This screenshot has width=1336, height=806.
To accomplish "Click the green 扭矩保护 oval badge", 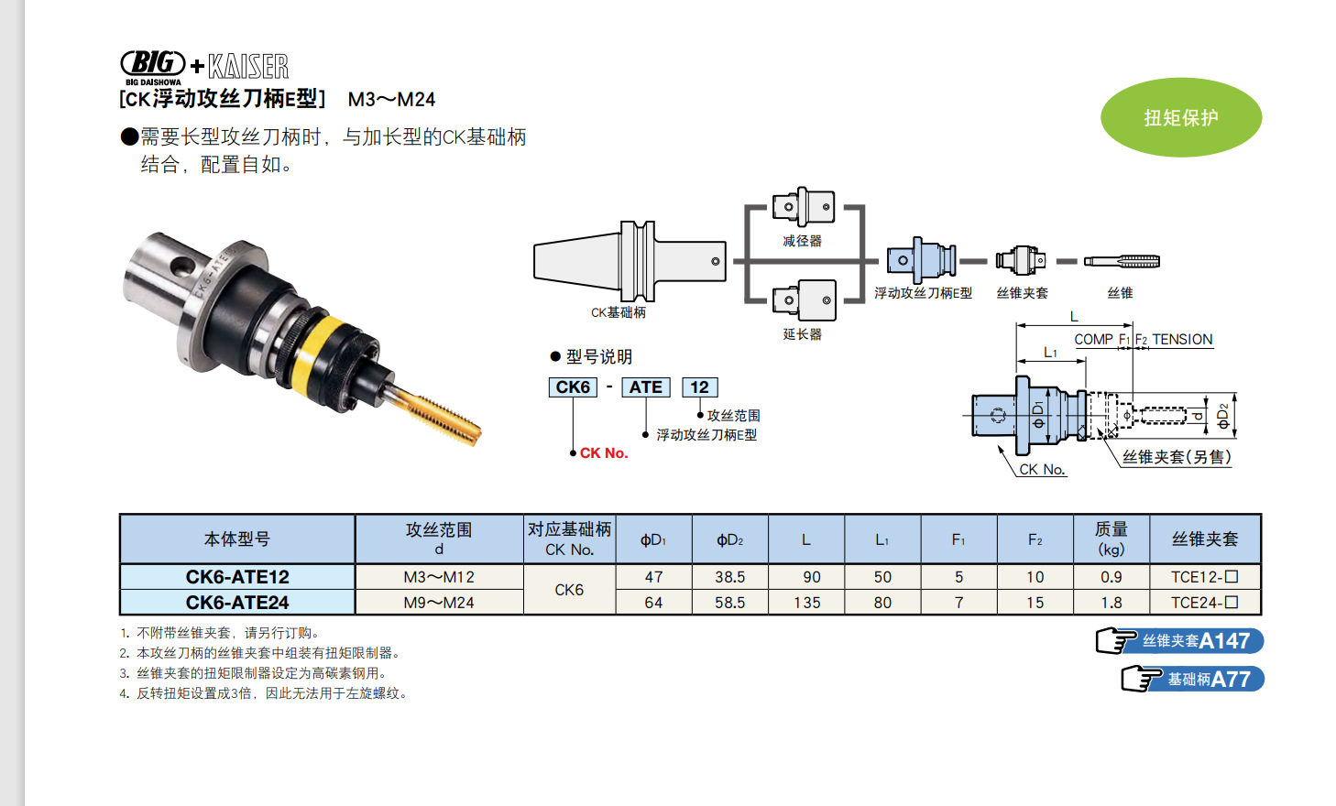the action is pos(1180,117).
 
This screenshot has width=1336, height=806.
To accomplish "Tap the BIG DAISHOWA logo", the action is pos(153,66).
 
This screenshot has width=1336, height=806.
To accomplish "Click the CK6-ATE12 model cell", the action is pos(237,577).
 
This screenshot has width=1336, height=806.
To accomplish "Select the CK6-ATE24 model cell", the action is pos(237,603).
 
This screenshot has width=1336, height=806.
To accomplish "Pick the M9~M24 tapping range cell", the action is pos(439,603).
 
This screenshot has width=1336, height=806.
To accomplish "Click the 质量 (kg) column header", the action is pos(1111,539).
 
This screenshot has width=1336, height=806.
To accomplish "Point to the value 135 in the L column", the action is pos(806,603).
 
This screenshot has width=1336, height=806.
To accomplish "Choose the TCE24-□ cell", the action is pos(1204,603).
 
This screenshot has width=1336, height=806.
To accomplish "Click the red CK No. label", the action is pos(604,453).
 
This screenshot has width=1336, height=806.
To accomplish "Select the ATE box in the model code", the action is pos(645,387).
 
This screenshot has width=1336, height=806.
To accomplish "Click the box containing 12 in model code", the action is pos(699,387).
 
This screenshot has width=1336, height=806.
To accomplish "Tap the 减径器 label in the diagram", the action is pos(802,241).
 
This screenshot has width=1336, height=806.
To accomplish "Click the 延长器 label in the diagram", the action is pos(802,334).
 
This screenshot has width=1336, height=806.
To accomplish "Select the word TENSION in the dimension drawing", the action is pos(1182,340).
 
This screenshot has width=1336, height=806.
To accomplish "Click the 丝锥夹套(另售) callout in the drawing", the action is pos(1177,457).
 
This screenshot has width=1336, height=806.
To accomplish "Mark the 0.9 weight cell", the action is pos(1111,577).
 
